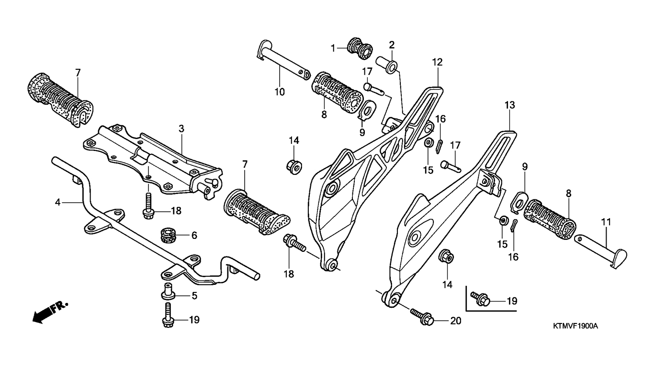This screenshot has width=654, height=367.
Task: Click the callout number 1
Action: coord(333,48)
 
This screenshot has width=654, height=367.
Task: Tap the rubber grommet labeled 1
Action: coord(360,48)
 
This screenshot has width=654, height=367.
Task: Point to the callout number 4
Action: coord(58,202)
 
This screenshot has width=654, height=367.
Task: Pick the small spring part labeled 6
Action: coord(168,235)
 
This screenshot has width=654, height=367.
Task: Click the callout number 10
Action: coord(280,92)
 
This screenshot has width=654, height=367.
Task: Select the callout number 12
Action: coord(437,62)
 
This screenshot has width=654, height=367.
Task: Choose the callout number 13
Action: coord(509,106)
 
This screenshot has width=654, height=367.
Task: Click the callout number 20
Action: coord(455,321)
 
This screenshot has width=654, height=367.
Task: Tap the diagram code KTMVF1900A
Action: coord(575,326)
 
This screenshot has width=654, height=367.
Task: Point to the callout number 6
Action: coord(194,236)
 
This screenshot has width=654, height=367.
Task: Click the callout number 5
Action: coord(194,296)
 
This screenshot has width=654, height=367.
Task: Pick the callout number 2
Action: coord(392,45)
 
